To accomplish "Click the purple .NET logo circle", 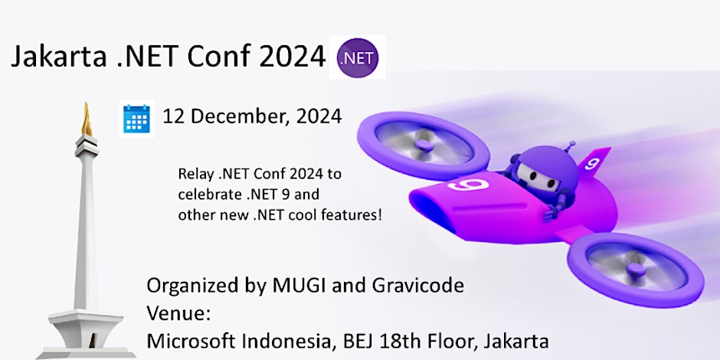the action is (358, 57).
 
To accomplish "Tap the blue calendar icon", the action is (137, 119).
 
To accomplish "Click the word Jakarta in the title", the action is (59, 57).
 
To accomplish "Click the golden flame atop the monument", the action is (87, 119).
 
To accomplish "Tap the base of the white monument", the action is (87, 334).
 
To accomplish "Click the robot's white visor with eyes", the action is (537, 176).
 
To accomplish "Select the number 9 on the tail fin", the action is (592, 163).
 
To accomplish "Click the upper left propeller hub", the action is (424, 144).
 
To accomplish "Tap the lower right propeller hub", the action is (637, 269).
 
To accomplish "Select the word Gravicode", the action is (418, 286).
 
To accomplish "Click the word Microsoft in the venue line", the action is (191, 341).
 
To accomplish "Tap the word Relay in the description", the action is (193, 175).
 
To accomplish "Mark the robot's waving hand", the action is (551, 211).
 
